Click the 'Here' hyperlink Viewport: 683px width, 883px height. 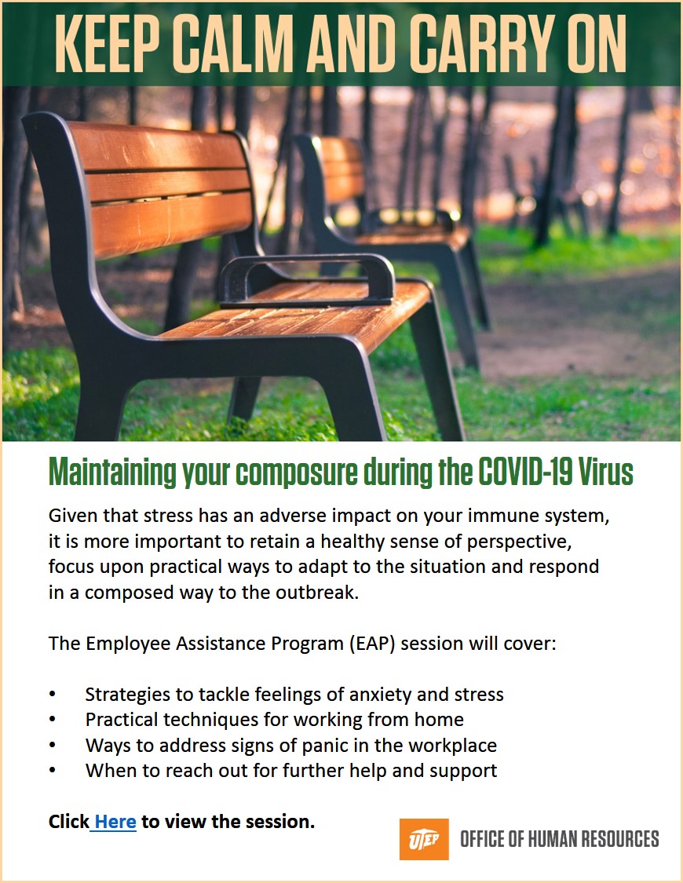point(115,823)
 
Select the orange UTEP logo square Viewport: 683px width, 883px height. point(424,839)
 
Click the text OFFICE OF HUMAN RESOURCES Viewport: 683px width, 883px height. point(559,839)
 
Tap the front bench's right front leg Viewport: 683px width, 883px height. point(435,369)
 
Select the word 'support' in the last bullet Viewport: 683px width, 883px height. point(463,771)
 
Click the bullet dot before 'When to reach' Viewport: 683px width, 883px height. point(53,771)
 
